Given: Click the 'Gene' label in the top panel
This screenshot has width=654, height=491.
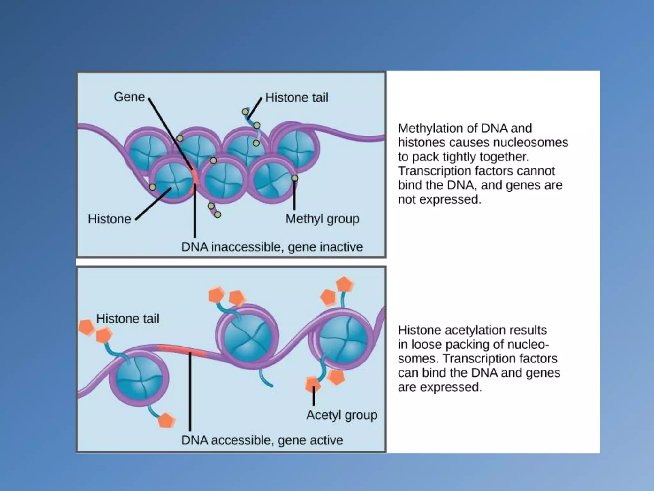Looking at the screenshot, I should click(129, 97).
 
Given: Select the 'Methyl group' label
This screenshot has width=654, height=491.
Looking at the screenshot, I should click(322, 219).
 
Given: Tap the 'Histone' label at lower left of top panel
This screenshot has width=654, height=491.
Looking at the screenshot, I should click(110, 219).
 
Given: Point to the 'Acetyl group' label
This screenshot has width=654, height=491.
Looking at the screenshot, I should click(342, 415).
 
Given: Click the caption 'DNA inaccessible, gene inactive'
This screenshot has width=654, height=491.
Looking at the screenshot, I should click(272, 247).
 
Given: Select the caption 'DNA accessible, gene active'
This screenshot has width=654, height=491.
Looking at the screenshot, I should click(262, 440).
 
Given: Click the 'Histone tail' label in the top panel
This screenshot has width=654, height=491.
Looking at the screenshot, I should click(297, 97).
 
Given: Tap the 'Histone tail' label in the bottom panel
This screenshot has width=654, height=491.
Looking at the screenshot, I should click(128, 319).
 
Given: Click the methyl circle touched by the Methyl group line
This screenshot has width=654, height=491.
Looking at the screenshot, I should click(294, 178).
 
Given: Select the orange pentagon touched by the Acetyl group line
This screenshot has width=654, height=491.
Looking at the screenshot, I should click(312, 384).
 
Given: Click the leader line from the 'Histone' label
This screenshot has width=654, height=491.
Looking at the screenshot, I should click(153, 204).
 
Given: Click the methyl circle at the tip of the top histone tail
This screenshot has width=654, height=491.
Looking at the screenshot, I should click(245, 112).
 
